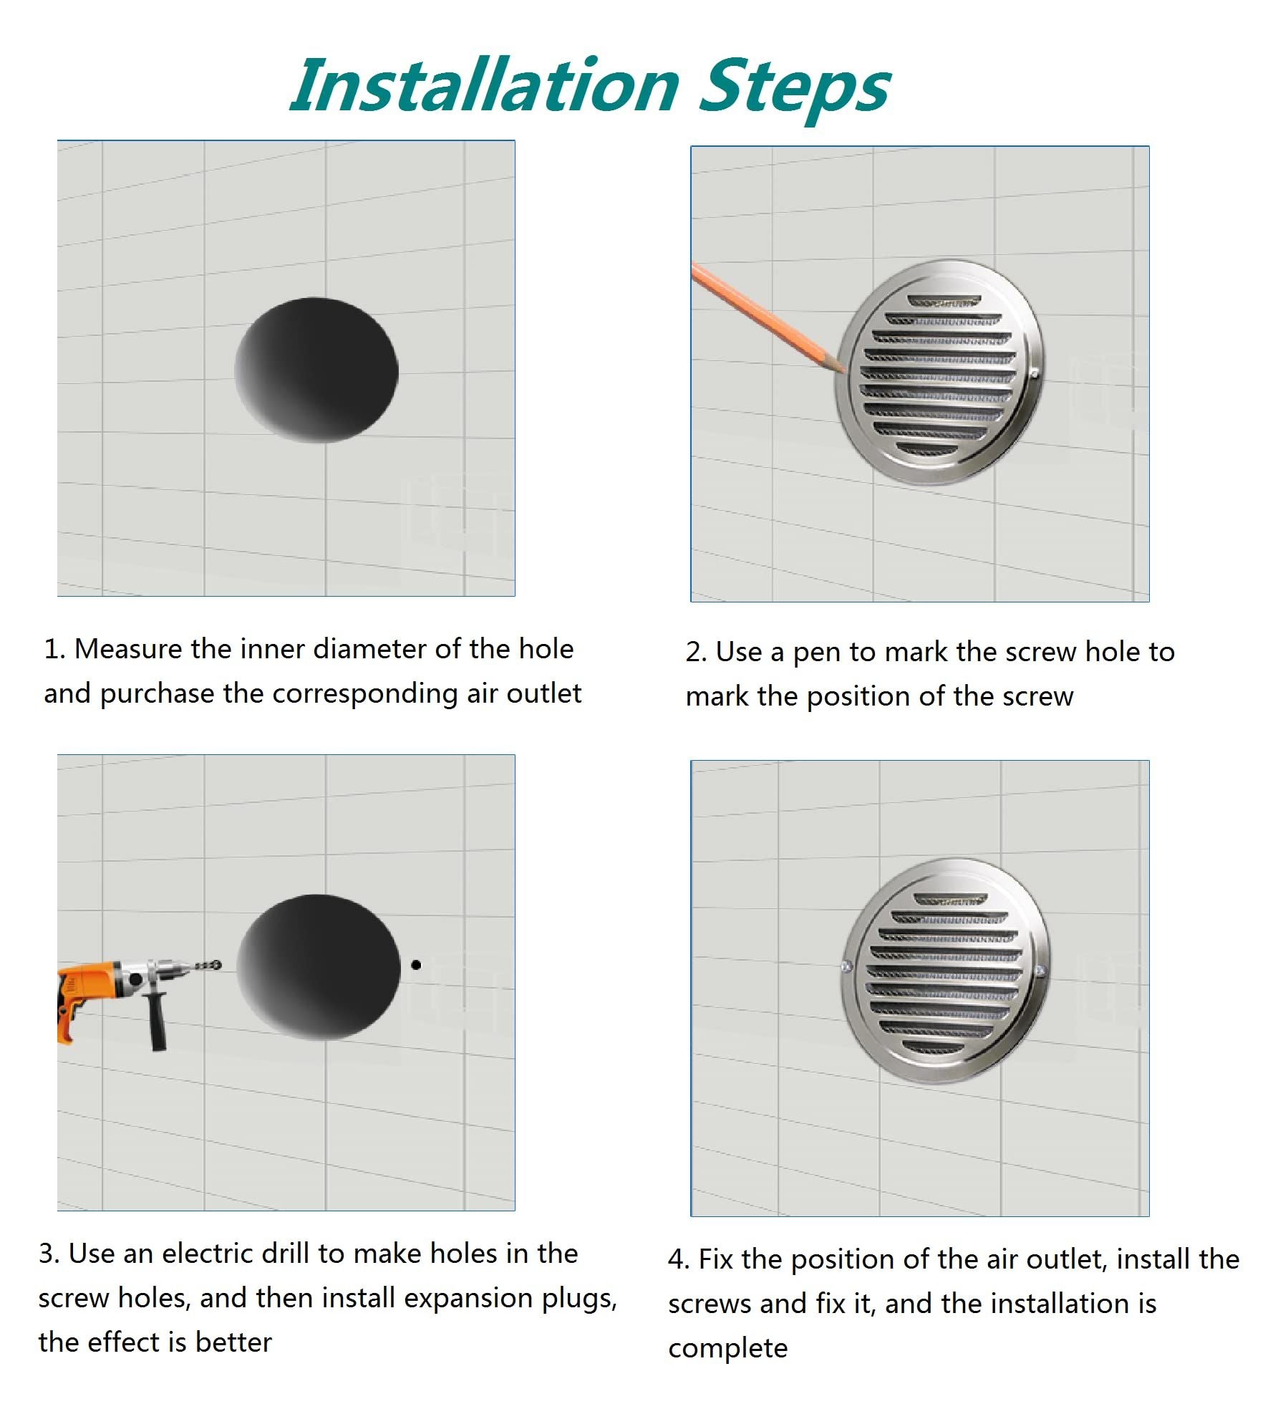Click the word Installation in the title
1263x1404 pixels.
point(485,86)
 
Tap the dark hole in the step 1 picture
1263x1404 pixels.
point(316,370)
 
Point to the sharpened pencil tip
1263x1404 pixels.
point(842,368)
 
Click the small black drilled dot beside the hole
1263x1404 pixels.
point(416,965)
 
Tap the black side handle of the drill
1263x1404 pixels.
point(157,1021)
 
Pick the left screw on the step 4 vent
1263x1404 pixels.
point(846,966)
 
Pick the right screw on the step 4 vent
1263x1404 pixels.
point(1040,971)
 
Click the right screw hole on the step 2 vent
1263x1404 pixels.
point(1034,373)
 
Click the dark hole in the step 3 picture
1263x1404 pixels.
point(318,966)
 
